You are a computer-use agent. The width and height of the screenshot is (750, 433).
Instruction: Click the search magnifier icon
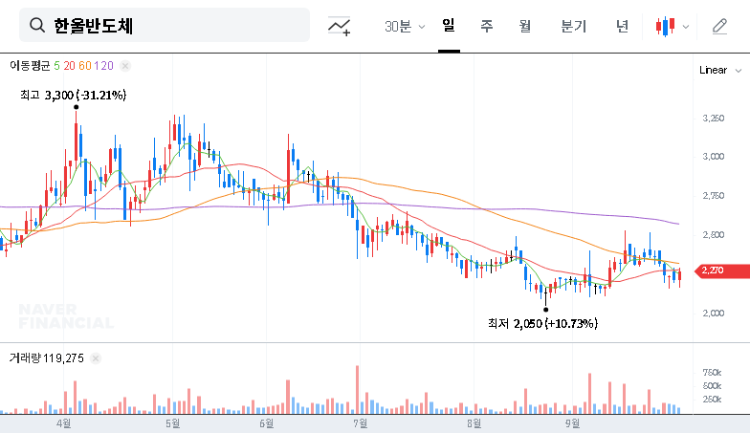click(x=37, y=26)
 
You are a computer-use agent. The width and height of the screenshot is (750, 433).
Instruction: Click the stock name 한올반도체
click(x=94, y=26)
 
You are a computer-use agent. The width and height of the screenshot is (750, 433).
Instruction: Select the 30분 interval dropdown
click(x=405, y=26)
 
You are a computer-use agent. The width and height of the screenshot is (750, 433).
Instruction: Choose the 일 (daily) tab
click(x=449, y=26)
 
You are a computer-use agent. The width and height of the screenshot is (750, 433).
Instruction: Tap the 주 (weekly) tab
click(x=486, y=26)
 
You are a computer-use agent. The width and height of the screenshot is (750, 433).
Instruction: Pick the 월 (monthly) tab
click(x=524, y=26)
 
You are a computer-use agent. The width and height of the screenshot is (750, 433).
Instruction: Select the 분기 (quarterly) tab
click(x=573, y=26)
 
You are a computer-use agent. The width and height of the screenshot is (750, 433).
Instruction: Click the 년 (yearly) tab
click(x=622, y=26)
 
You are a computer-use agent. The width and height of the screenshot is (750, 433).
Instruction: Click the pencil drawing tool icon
click(x=719, y=26)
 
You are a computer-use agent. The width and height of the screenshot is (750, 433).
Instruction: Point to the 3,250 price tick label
click(x=713, y=119)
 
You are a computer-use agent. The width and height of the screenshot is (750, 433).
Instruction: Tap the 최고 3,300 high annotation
click(x=73, y=95)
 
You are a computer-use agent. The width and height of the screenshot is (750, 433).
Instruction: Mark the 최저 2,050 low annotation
click(x=541, y=324)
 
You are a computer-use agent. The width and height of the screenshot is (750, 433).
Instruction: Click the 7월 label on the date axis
click(x=361, y=422)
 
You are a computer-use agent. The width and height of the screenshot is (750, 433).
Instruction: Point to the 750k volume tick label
click(x=712, y=372)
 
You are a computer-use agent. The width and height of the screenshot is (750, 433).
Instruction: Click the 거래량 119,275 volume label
click(x=47, y=358)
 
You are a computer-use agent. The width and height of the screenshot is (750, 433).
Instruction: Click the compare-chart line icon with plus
click(x=339, y=26)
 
